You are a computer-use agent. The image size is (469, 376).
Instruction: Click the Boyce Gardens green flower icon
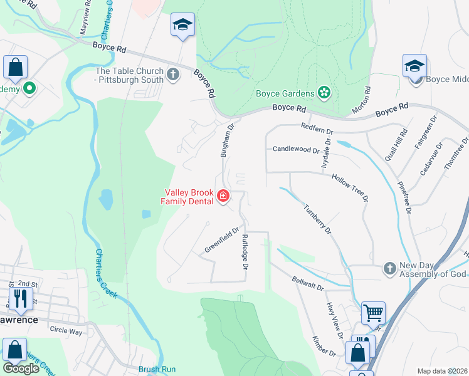324,93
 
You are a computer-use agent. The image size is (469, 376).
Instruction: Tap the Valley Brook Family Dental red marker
223,197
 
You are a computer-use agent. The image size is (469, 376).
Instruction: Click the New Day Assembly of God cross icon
390,268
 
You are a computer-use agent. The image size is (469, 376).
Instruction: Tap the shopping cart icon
373,311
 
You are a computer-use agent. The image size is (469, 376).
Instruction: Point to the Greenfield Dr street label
222,240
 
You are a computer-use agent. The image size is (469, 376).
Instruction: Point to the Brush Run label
157,370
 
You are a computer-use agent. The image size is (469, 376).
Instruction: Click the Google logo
21,368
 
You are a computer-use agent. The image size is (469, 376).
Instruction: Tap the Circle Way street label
66,330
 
